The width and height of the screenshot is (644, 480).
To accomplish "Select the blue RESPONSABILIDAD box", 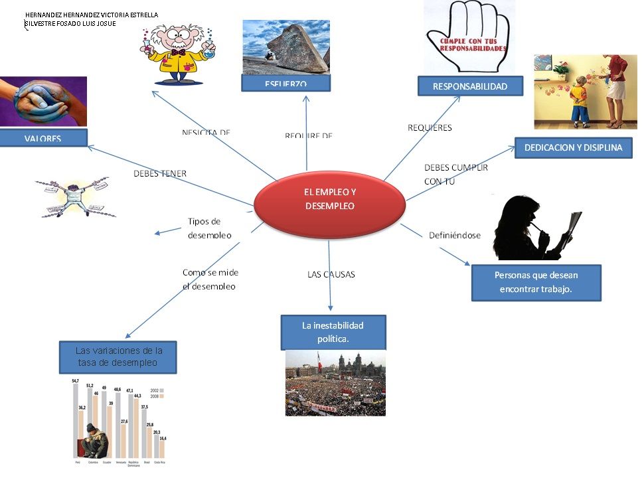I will tap(470, 86).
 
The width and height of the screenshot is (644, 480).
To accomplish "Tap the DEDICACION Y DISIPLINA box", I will tap(573, 148).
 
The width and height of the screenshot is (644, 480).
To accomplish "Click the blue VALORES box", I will tap(43, 138).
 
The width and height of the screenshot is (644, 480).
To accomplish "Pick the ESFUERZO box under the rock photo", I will tap(286, 84).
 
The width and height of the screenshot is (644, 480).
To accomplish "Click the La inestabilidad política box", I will tap(333, 332).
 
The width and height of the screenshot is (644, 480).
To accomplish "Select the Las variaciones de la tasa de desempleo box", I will tap(118, 357).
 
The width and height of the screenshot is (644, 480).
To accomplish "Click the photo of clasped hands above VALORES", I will tap(43, 102).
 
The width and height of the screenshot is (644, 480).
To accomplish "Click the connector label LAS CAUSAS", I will tap(331, 274).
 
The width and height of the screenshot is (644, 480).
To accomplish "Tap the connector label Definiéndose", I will tap(454, 235).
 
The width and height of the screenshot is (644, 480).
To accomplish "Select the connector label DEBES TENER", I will tap(160, 174).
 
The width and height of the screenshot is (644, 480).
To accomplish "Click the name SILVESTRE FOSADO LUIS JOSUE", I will tap(70, 23).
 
